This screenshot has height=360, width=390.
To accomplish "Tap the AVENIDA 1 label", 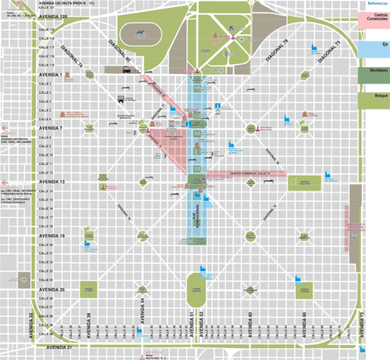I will click(50, 74).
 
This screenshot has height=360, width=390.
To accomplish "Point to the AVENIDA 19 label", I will click(51, 234).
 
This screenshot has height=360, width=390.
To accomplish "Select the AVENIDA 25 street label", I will click(51, 290).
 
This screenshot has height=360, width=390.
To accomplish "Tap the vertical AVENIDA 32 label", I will click(32, 324).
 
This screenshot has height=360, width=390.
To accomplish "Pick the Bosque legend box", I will click(374, 100).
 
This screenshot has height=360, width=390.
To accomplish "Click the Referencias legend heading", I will click(377, 4).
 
